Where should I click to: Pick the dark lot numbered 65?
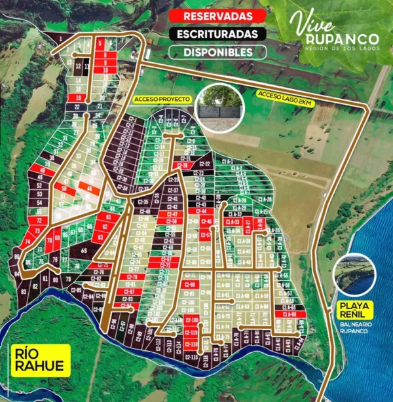click(x=84, y=250)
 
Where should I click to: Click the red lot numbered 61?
click(x=108, y=217)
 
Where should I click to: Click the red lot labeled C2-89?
click(x=190, y=285)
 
